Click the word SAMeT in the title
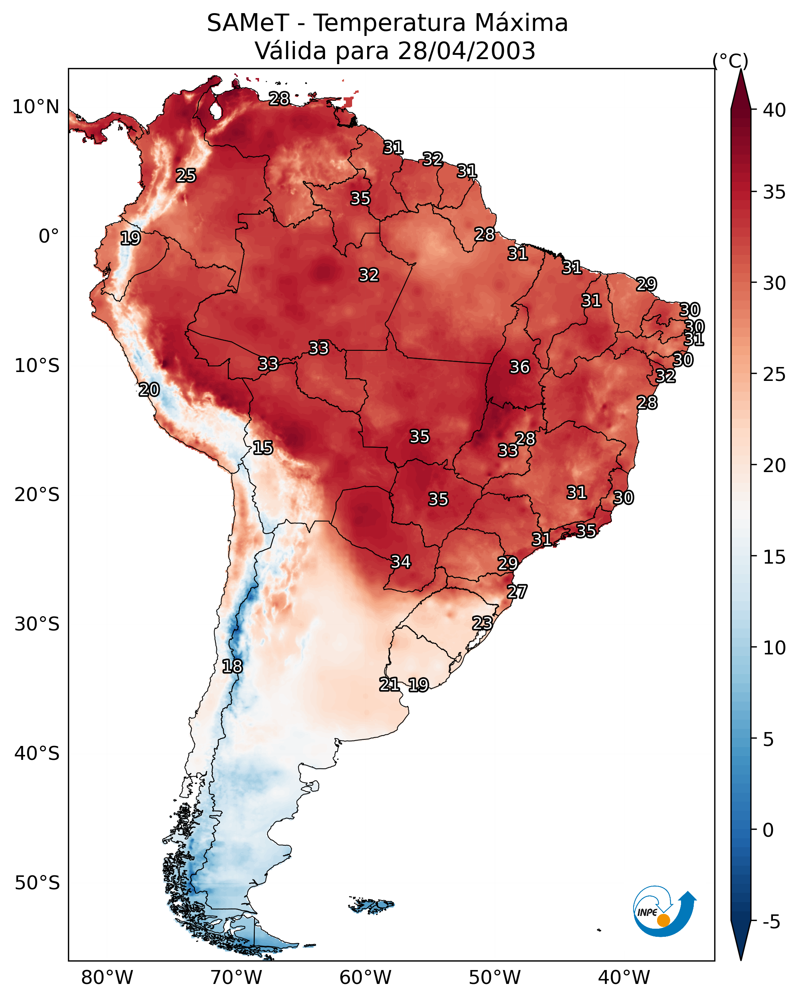(248, 23)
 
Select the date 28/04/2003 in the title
(466, 51)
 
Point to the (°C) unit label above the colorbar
(730, 61)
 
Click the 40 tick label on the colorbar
(774, 110)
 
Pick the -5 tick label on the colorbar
(772, 922)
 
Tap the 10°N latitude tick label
(36, 107)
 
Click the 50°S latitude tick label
(37, 883)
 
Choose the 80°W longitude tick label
(107, 978)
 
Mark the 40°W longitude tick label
(624, 978)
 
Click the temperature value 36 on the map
(520, 367)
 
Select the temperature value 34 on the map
(401, 562)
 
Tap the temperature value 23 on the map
(482, 623)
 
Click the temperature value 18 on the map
(232, 666)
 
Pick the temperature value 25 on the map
(186, 175)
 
